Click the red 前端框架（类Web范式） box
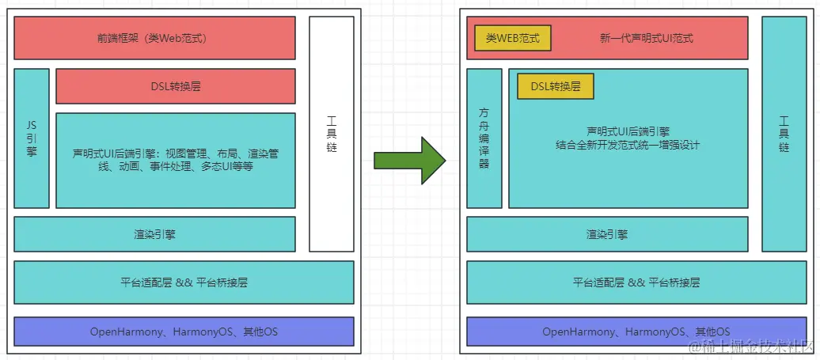[x=154, y=38]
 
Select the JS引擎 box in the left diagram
[x=32, y=138]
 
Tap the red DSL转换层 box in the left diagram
[x=175, y=86]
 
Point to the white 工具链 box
[x=332, y=135]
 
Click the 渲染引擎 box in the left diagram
[x=154, y=234]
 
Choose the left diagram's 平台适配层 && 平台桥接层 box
[x=183, y=282]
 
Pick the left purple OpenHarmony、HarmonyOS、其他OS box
[x=183, y=332]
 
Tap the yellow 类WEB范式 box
[x=512, y=38]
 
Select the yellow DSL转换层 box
[x=555, y=86]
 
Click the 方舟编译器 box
[x=484, y=138]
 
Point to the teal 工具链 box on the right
[x=784, y=135]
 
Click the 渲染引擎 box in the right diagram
[x=607, y=234]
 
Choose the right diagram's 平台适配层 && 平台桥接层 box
[x=636, y=282]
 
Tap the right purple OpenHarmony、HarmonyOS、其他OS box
[x=636, y=332]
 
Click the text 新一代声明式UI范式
[x=647, y=38]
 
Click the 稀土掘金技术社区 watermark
[x=751, y=347]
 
